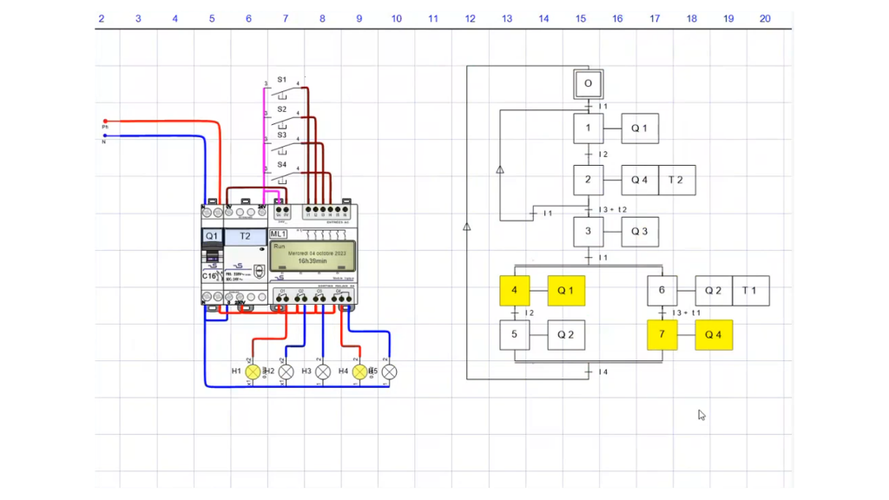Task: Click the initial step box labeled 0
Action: point(588,84)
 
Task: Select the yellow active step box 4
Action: point(514,291)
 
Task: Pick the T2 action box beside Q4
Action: point(676,180)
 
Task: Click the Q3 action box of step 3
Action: point(639,232)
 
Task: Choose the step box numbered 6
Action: point(662,291)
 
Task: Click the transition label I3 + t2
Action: point(613,210)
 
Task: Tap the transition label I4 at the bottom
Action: point(603,372)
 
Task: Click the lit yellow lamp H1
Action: point(253,372)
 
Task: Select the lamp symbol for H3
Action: point(323,372)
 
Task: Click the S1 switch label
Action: point(282,80)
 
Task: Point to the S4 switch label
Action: point(282,164)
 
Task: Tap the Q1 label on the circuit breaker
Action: point(212,236)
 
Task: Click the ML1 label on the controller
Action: point(279,234)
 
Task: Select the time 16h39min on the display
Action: point(313,260)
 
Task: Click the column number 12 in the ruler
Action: point(470,18)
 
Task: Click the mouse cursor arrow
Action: point(701,415)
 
